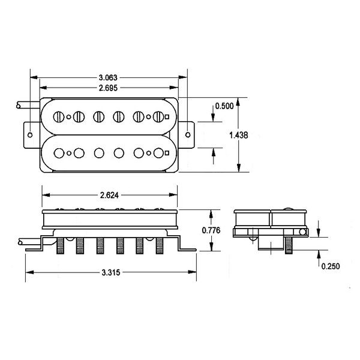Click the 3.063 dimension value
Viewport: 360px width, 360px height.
(108, 77)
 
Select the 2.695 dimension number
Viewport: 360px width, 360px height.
(108, 88)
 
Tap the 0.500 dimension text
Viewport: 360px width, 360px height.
(224, 106)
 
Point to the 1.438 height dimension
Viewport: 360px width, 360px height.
(239, 135)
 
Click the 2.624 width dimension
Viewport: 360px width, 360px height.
(110, 196)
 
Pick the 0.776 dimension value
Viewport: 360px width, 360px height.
(211, 230)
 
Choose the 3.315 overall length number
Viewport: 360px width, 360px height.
(111, 273)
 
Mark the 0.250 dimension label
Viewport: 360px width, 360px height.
(331, 266)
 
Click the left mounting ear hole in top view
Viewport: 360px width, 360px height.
(30, 135)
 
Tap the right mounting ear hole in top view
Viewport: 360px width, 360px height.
(188, 135)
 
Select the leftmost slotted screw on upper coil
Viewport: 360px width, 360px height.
(59, 116)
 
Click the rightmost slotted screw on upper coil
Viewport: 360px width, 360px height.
(158, 116)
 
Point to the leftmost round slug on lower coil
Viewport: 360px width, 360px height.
(59, 153)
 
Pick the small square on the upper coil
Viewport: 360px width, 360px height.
(167, 117)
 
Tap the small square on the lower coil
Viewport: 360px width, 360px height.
(167, 152)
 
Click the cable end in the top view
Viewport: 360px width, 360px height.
(18, 106)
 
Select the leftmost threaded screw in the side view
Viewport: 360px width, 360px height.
(60, 245)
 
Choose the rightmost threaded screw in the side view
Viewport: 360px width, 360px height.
(160, 245)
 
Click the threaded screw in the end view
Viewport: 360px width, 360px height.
(289, 245)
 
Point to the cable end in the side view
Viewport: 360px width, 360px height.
(20, 242)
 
